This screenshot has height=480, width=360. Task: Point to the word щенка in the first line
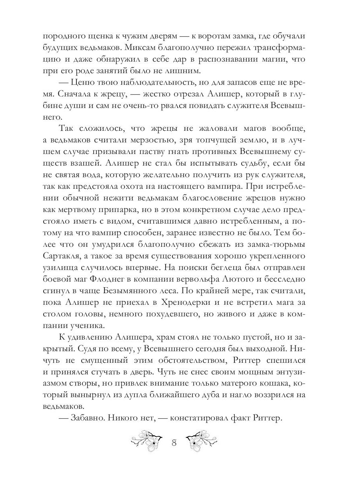click(x=89, y=35)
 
